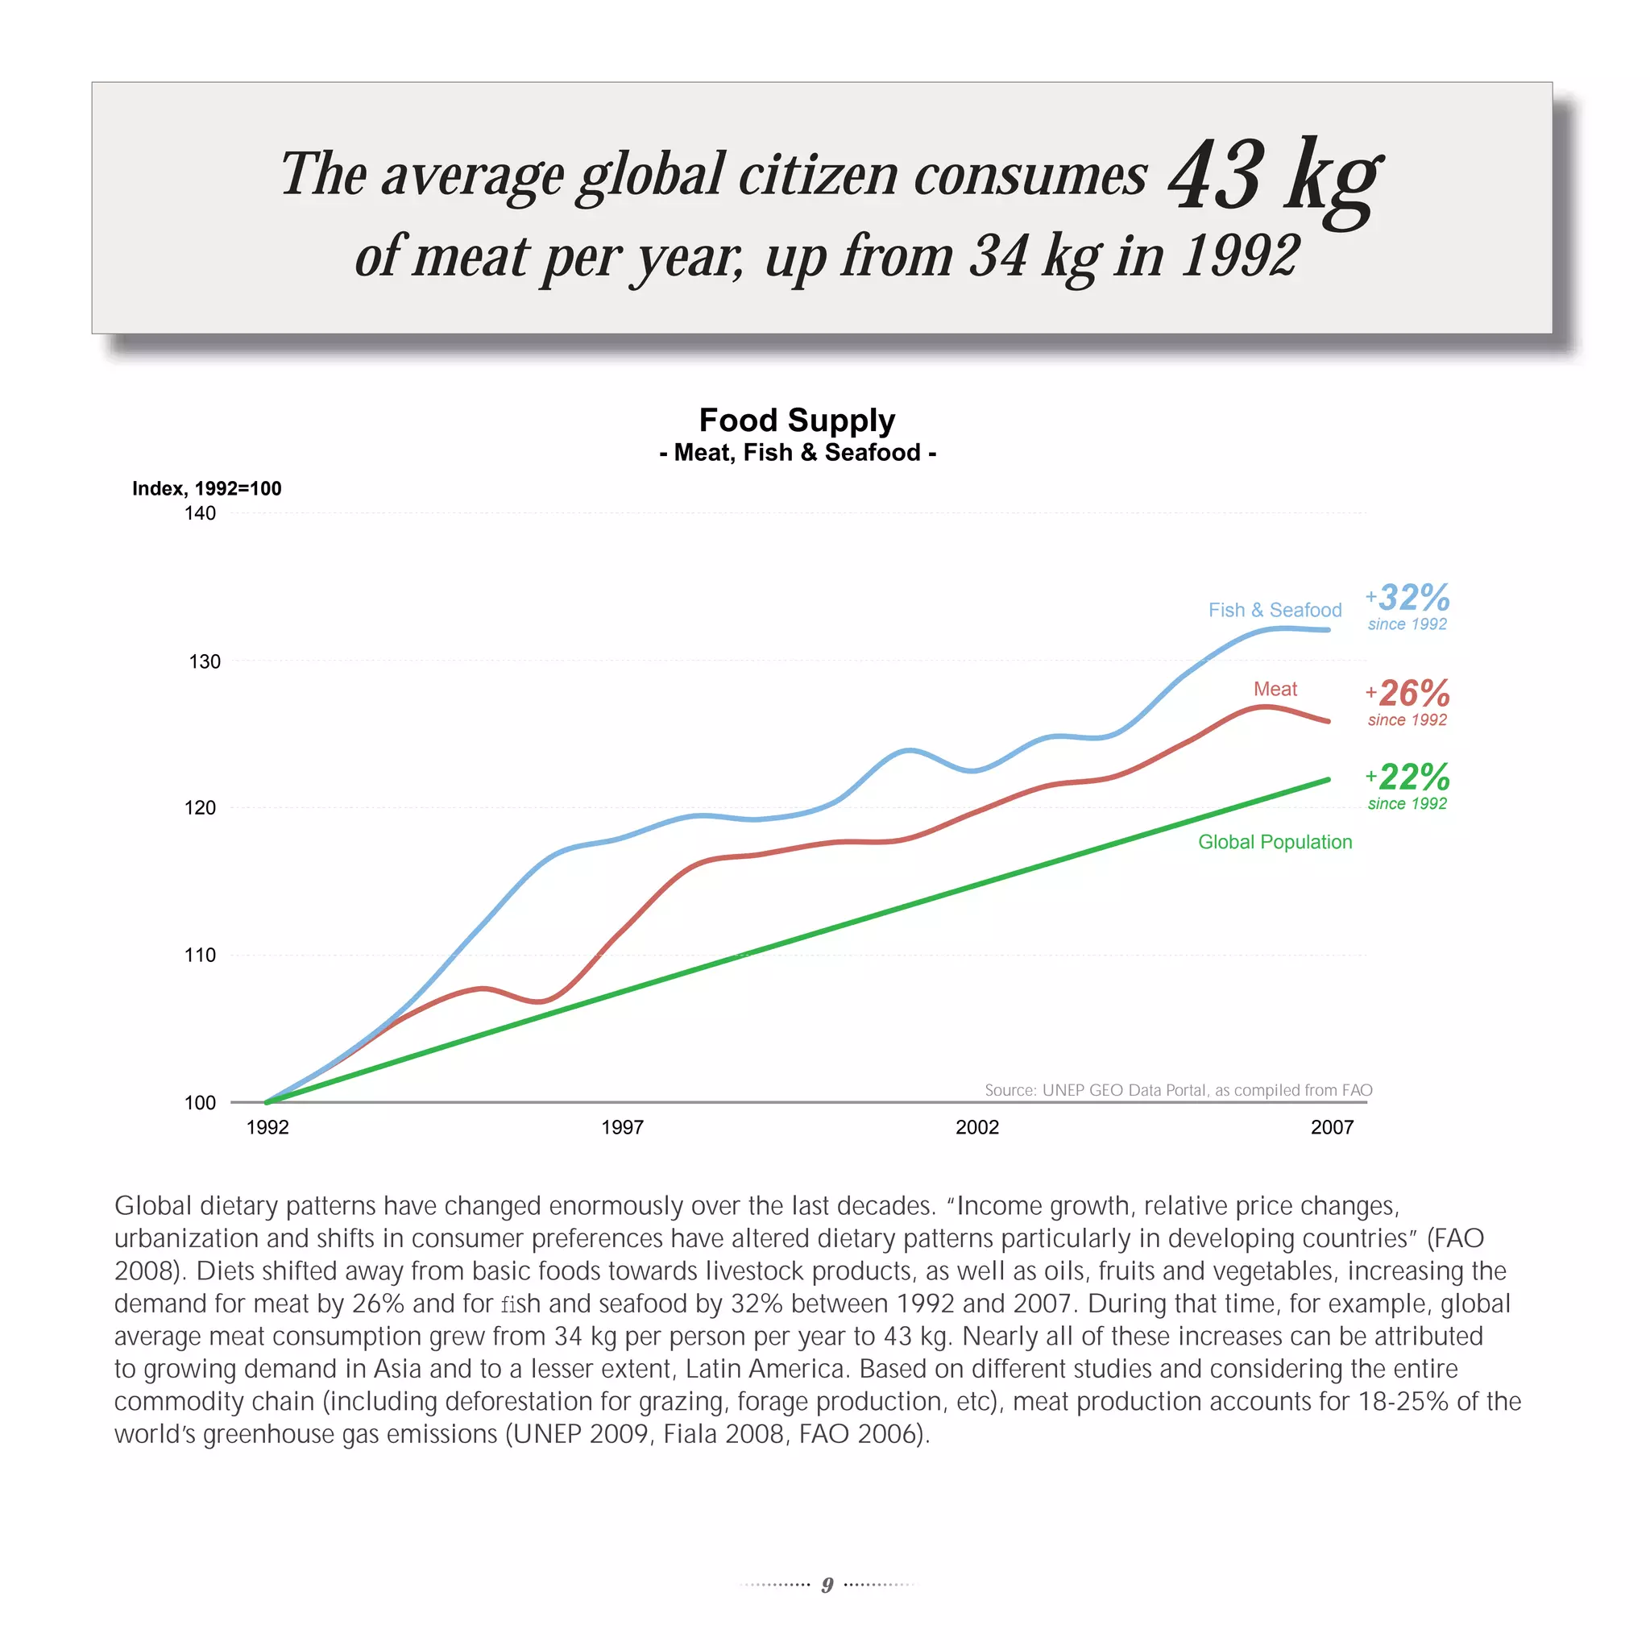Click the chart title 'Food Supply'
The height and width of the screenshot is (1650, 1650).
pos(797,421)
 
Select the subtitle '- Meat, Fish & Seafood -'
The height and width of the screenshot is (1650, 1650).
pos(797,453)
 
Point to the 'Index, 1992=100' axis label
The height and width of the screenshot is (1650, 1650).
pos(207,488)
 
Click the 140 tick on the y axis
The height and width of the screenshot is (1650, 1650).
pos(200,513)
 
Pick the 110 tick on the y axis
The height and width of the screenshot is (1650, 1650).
pos(200,955)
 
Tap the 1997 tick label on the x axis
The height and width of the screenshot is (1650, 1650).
pos(622,1127)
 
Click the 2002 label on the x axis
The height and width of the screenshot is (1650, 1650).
pos(977,1127)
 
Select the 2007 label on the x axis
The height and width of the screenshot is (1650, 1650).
pos(1332,1127)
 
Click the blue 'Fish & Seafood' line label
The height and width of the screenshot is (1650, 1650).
pos(1275,610)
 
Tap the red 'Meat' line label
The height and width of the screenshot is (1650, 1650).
pos(1275,689)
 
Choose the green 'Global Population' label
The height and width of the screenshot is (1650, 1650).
pos(1275,842)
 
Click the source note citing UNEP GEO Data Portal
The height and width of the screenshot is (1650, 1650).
pos(1178,1090)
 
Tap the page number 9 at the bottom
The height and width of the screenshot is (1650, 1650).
pos(827,1585)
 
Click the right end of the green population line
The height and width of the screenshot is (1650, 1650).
pos(1328,780)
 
